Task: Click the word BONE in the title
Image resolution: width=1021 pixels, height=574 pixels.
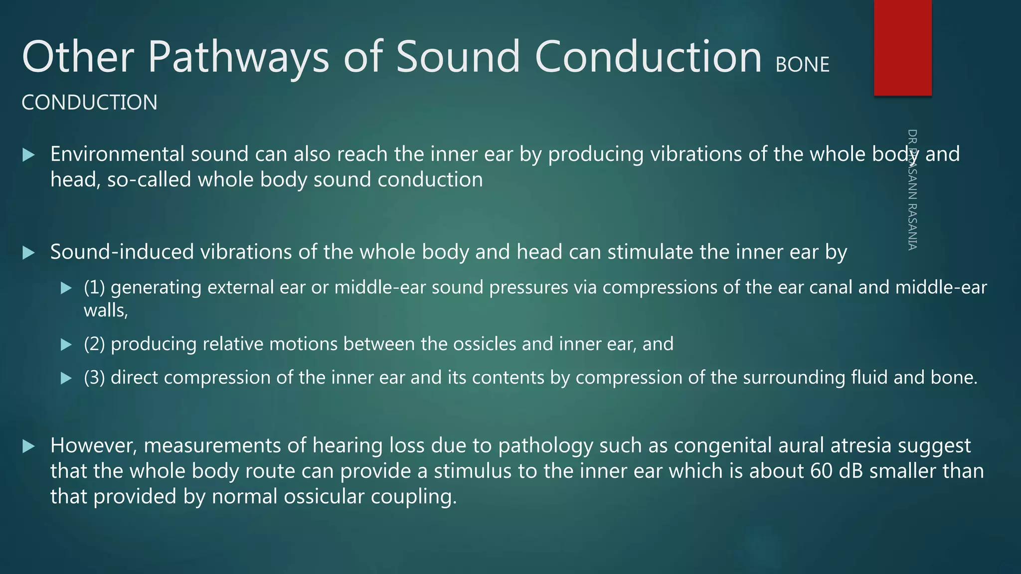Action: [803, 65]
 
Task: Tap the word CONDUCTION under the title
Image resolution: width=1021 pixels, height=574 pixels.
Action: [89, 103]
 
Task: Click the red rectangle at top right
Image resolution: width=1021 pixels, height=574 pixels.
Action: [902, 47]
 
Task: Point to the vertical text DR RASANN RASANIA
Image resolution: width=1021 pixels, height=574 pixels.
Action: [912, 189]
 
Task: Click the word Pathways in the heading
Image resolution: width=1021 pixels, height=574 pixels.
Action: [238, 57]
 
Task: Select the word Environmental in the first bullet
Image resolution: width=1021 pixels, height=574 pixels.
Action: [117, 154]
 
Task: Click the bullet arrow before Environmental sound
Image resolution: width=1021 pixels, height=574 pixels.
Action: [29, 155]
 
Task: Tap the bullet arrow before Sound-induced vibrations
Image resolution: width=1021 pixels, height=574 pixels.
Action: [29, 253]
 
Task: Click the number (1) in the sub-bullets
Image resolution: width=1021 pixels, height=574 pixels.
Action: [94, 287]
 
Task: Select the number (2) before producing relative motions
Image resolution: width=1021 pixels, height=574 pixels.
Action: [94, 344]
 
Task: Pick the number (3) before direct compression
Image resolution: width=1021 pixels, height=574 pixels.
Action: [94, 378]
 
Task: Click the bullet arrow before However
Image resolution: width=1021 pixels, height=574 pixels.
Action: [29, 446]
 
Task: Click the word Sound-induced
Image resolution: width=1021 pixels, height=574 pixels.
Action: [122, 252]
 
